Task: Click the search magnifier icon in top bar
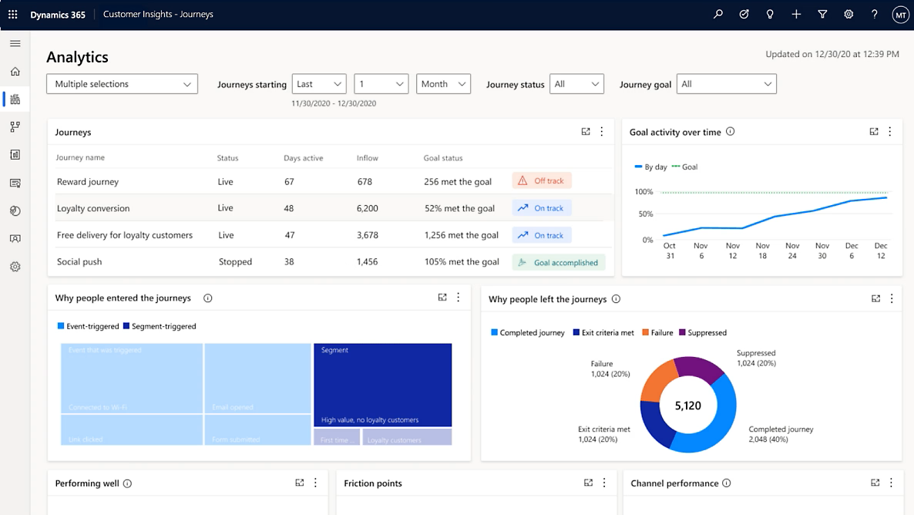(x=718, y=14)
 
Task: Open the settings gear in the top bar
(x=848, y=14)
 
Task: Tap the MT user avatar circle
(x=899, y=15)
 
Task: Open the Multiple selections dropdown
(x=122, y=84)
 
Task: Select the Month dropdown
(x=443, y=84)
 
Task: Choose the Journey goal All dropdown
(x=726, y=84)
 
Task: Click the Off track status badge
(x=542, y=181)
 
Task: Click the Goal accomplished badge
(x=559, y=262)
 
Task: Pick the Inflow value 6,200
(x=368, y=208)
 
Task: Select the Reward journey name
(x=88, y=182)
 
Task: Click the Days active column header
(x=303, y=158)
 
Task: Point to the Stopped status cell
(x=235, y=262)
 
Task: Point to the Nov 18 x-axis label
(x=762, y=251)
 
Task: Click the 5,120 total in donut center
(x=687, y=406)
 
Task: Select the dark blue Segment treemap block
(x=382, y=384)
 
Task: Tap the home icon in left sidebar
(x=15, y=72)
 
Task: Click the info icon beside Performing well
(x=127, y=483)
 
